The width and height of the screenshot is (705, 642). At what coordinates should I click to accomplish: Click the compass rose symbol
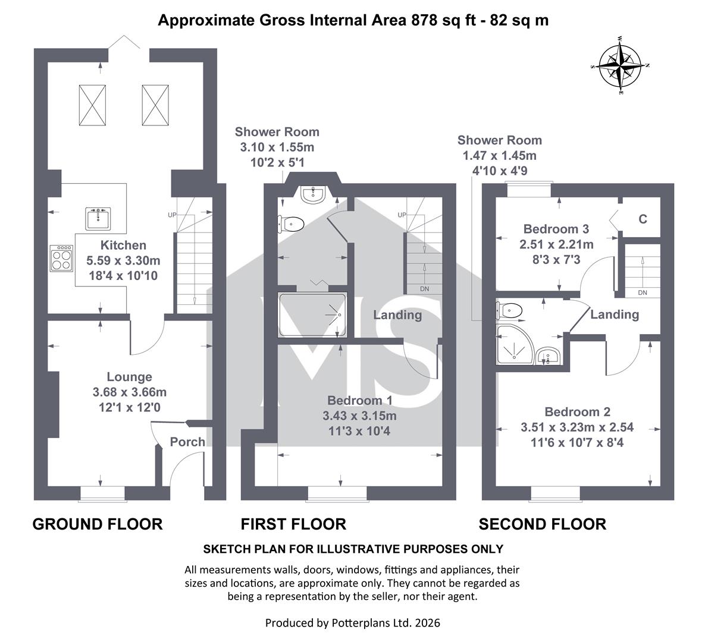620,65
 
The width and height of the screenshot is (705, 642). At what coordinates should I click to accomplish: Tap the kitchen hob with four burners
62,258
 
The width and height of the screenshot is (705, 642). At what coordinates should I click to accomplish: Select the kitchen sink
98,219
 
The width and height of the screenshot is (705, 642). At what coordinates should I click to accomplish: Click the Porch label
187,442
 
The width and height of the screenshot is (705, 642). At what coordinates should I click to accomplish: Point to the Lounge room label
130,377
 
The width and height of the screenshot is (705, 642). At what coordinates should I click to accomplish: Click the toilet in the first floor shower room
290,224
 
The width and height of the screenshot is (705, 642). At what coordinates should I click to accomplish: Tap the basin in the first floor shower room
312,194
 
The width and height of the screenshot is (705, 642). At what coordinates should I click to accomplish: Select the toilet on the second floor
509,310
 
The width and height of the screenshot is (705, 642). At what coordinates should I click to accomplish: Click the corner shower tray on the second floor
515,344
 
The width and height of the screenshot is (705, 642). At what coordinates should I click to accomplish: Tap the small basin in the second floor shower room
548,355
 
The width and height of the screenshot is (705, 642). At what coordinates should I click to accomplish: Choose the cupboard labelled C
642,219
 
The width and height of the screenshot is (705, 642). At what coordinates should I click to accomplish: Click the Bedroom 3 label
556,229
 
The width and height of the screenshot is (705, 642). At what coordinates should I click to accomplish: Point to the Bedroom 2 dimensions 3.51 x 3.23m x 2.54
577,427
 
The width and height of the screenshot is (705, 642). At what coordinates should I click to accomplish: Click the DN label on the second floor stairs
643,292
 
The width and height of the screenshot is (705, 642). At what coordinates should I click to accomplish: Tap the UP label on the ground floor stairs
172,215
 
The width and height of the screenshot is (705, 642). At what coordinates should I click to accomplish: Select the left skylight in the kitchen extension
92,105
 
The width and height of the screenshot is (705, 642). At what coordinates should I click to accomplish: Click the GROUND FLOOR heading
98,524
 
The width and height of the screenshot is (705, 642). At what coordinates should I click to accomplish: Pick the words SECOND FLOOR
542,524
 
